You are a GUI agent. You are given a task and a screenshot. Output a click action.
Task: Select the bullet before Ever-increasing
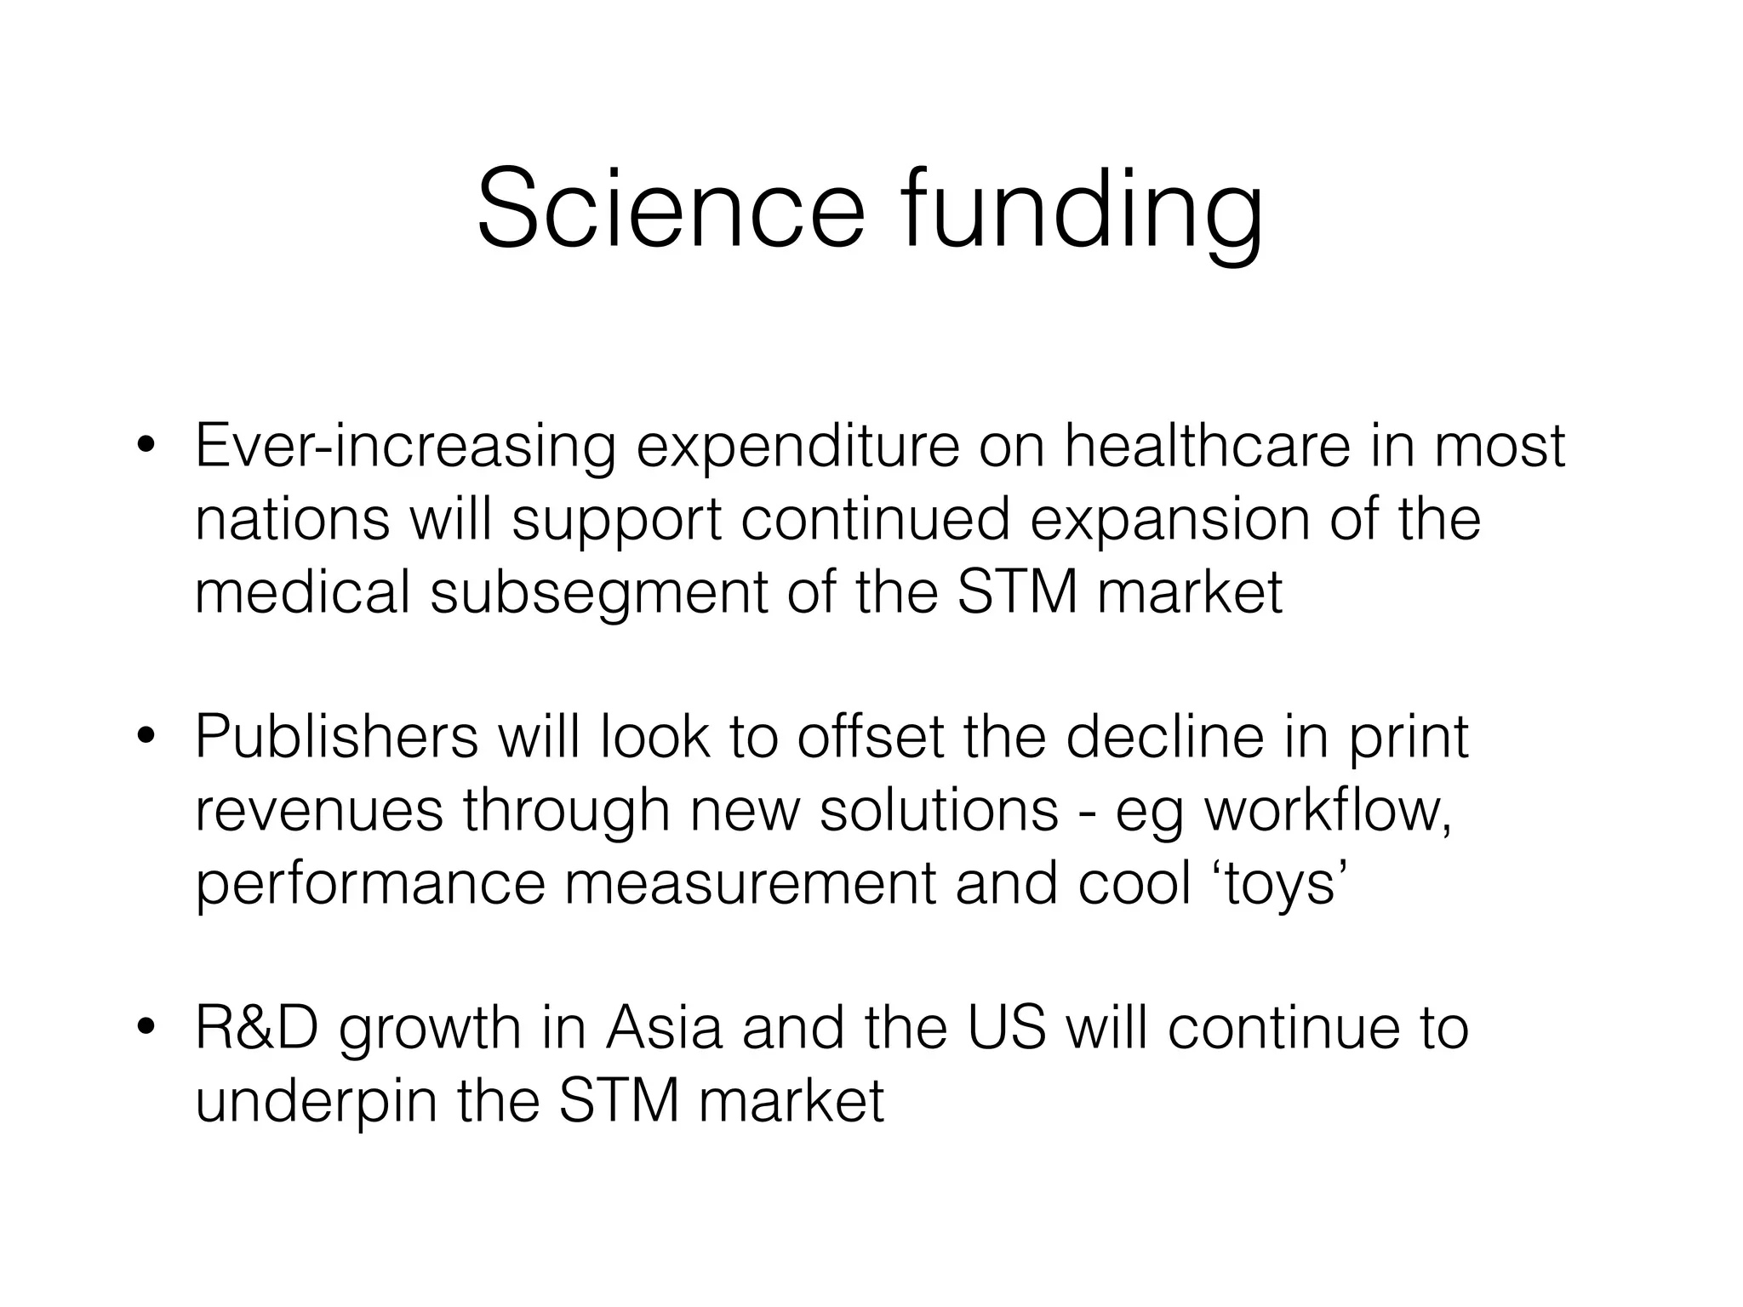147,446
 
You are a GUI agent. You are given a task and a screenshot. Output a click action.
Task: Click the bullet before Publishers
147,737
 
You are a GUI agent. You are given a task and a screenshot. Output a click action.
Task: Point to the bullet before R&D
147,1028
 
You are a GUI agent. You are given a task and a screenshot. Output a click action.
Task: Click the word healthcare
1206,446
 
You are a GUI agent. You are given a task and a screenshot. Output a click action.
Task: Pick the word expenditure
797,448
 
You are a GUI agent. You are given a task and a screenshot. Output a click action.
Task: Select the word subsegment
599,594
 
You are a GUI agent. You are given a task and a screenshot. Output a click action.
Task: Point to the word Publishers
337,737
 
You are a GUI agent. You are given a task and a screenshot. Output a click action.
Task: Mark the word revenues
319,811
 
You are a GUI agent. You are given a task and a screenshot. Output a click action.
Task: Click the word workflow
1327,811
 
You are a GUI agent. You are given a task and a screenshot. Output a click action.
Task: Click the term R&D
257,1028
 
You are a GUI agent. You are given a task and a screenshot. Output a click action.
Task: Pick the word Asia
664,1028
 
